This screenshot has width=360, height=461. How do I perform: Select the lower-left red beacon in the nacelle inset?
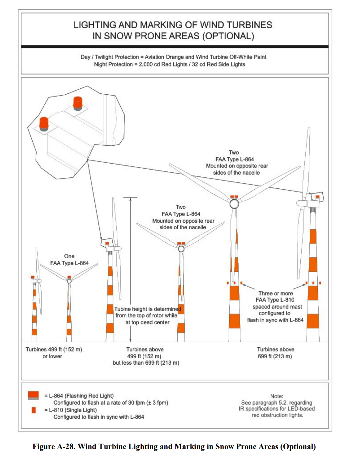[44, 124]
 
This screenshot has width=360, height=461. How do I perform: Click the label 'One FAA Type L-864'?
[69, 260]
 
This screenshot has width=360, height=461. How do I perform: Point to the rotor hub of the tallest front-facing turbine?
[234, 203]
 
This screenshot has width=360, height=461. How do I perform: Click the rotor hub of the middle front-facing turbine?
[181, 249]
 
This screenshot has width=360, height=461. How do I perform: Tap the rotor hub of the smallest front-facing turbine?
[69, 281]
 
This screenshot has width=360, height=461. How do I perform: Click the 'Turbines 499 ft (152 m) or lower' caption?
[54, 353]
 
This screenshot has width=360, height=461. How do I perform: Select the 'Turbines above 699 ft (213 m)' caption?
[275, 353]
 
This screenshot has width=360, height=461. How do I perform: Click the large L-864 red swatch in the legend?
[33, 395]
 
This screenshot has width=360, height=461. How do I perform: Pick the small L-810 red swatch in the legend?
[34, 410]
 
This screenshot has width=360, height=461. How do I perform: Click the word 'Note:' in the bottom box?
[276, 396]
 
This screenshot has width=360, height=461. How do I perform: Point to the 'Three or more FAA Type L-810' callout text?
[275, 296]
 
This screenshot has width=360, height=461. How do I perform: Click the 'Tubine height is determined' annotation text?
[147, 309]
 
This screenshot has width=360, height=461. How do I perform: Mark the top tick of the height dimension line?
[130, 198]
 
